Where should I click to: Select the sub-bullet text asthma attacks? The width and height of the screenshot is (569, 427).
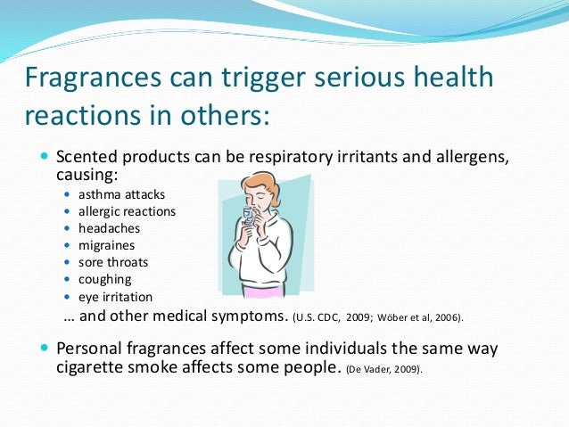(121, 194)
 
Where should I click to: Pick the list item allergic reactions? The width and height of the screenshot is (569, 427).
(127, 211)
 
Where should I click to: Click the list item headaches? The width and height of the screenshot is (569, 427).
(109, 228)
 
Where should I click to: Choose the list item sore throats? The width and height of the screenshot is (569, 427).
(113, 262)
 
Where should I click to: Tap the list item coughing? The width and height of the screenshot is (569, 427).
(104, 279)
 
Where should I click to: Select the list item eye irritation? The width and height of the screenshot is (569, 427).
(115, 297)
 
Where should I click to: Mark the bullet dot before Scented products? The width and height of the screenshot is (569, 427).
(45, 157)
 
